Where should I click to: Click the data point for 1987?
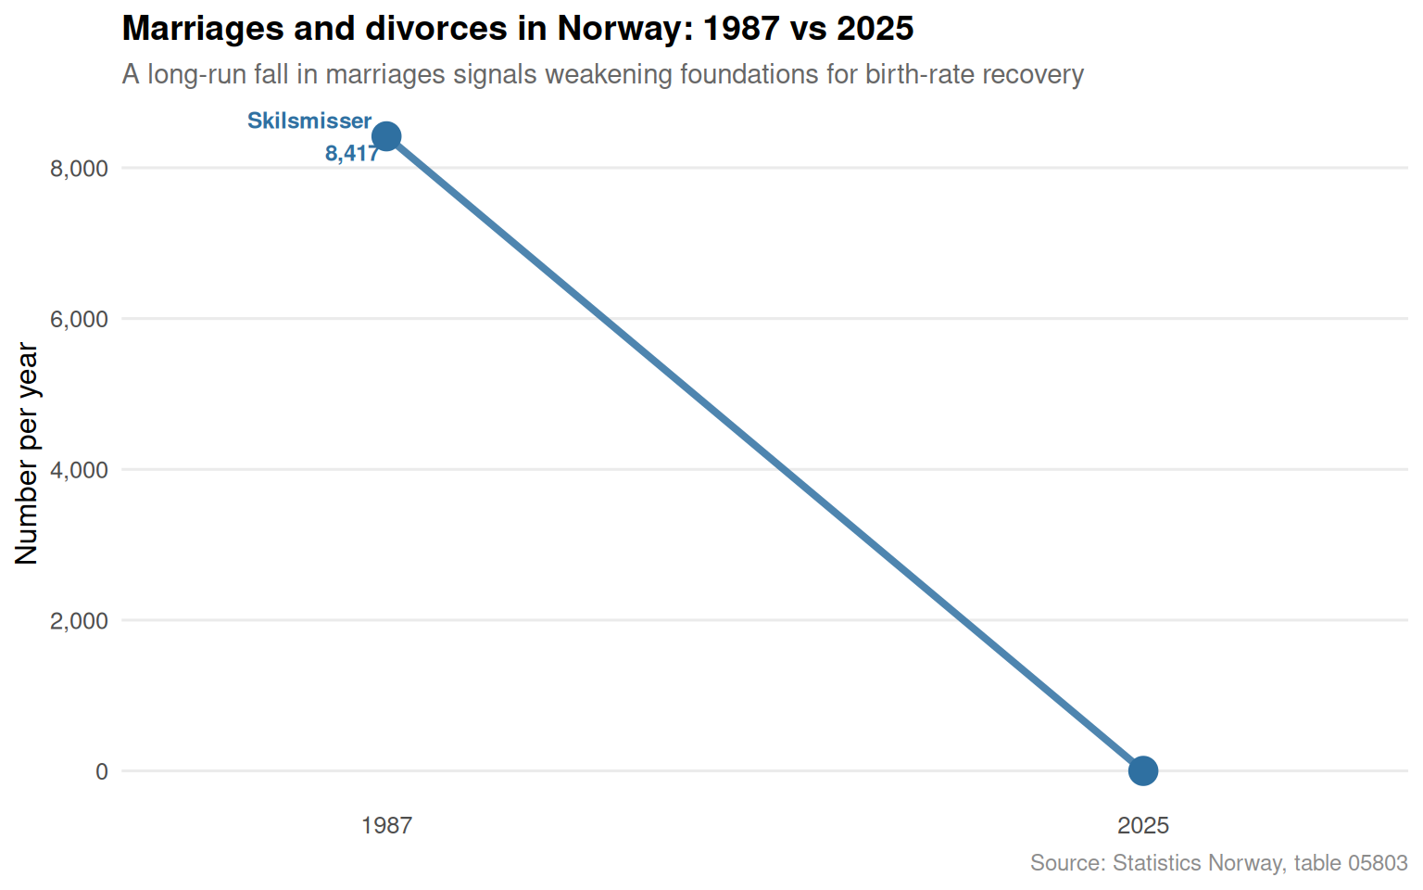[386, 136]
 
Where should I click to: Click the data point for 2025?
[1143, 770]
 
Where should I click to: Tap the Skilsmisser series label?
[309, 121]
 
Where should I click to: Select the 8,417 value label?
[352, 153]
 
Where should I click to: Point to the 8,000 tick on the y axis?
[79, 169]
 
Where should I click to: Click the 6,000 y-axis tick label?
[79, 319]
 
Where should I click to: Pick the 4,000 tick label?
[79, 470]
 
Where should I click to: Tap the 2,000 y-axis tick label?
[79, 620]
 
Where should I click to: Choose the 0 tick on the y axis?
[102, 771]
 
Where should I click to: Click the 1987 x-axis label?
[386, 825]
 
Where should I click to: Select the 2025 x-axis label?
[1143, 825]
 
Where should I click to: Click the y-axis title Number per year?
[27, 453]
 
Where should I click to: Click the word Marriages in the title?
[203, 29]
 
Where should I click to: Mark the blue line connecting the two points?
[765, 453]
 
